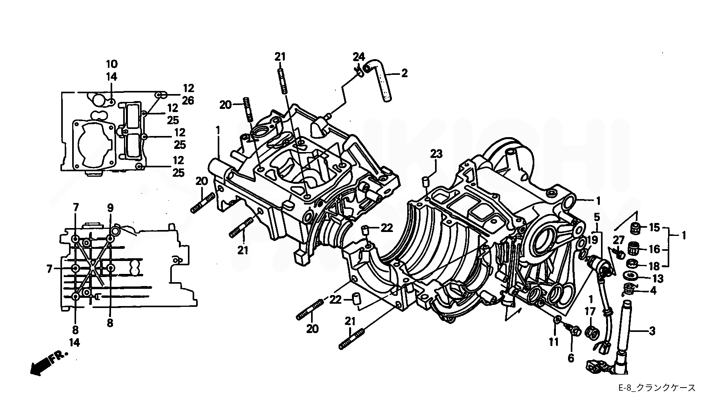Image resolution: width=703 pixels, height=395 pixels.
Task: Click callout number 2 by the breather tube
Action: tap(404, 73)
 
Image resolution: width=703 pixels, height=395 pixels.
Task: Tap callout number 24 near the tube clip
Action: tap(359, 56)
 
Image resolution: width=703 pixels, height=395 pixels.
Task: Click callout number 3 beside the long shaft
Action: tap(652, 331)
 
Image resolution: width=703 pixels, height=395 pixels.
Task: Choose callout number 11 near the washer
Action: tap(553, 342)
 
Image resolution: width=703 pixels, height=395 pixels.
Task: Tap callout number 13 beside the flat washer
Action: tap(658, 279)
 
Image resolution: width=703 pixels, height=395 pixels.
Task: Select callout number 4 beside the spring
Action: tap(653, 291)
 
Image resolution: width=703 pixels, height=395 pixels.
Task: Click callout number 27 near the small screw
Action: tap(619, 240)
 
